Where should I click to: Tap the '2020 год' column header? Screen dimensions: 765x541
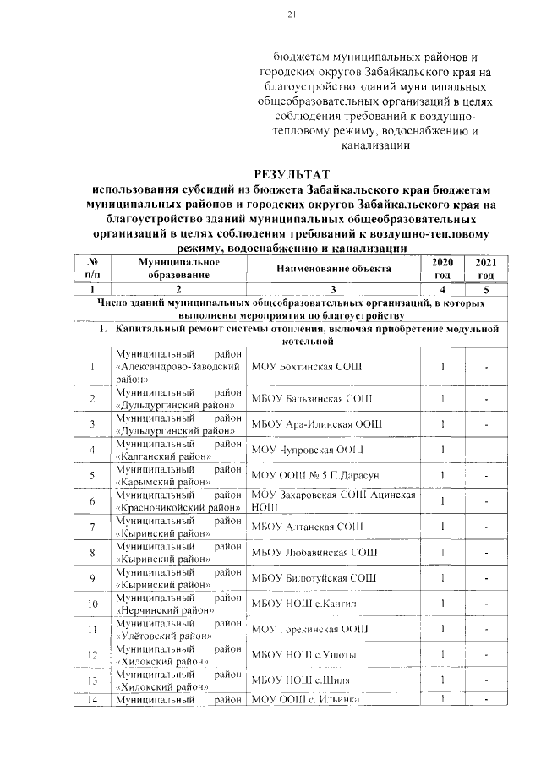pyautogui.click(x=442, y=269)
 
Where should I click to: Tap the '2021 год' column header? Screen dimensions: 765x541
pyautogui.click(x=485, y=269)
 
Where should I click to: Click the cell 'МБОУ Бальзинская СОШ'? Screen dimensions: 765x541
pyautogui.click(x=311, y=398)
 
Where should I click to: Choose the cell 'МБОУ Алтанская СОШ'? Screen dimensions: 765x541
pyautogui.click(x=303, y=527)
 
